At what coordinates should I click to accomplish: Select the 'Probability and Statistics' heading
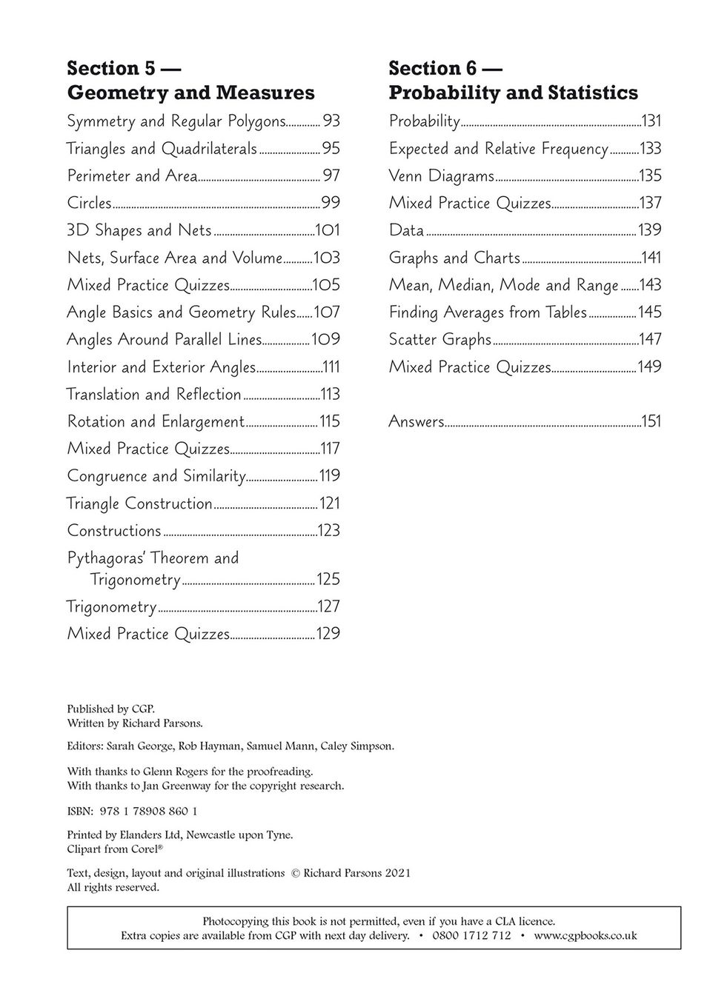point(513,93)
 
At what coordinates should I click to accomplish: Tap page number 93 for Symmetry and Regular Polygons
point(331,121)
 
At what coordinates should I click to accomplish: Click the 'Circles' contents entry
point(89,203)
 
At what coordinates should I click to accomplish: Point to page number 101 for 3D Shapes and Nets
point(328,230)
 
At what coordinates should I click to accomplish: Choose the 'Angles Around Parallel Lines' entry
point(165,339)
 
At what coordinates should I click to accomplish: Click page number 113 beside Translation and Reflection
point(330,394)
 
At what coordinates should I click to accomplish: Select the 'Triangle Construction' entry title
point(139,503)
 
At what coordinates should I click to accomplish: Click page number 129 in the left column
point(328,634)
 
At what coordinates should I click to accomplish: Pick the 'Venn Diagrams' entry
point(441,176)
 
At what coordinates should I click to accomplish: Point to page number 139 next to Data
point(649,230)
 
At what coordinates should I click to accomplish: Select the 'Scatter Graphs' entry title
point(440,339)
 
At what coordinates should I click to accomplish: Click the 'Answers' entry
point(416,421)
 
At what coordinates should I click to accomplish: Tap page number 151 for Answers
point(651,421)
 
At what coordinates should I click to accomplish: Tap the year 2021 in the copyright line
point(397,873)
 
